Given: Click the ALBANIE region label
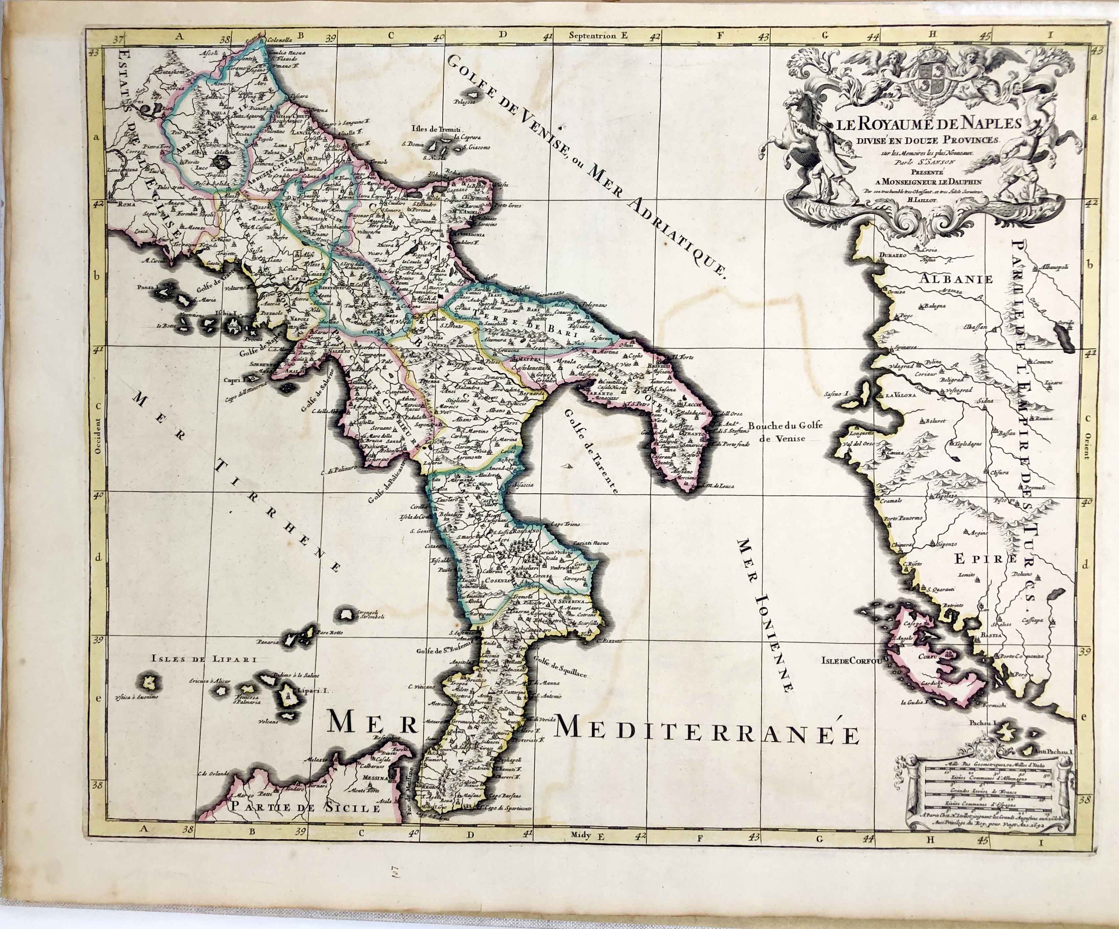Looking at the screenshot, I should click(956, 279).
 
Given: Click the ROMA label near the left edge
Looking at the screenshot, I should click(127, 204).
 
